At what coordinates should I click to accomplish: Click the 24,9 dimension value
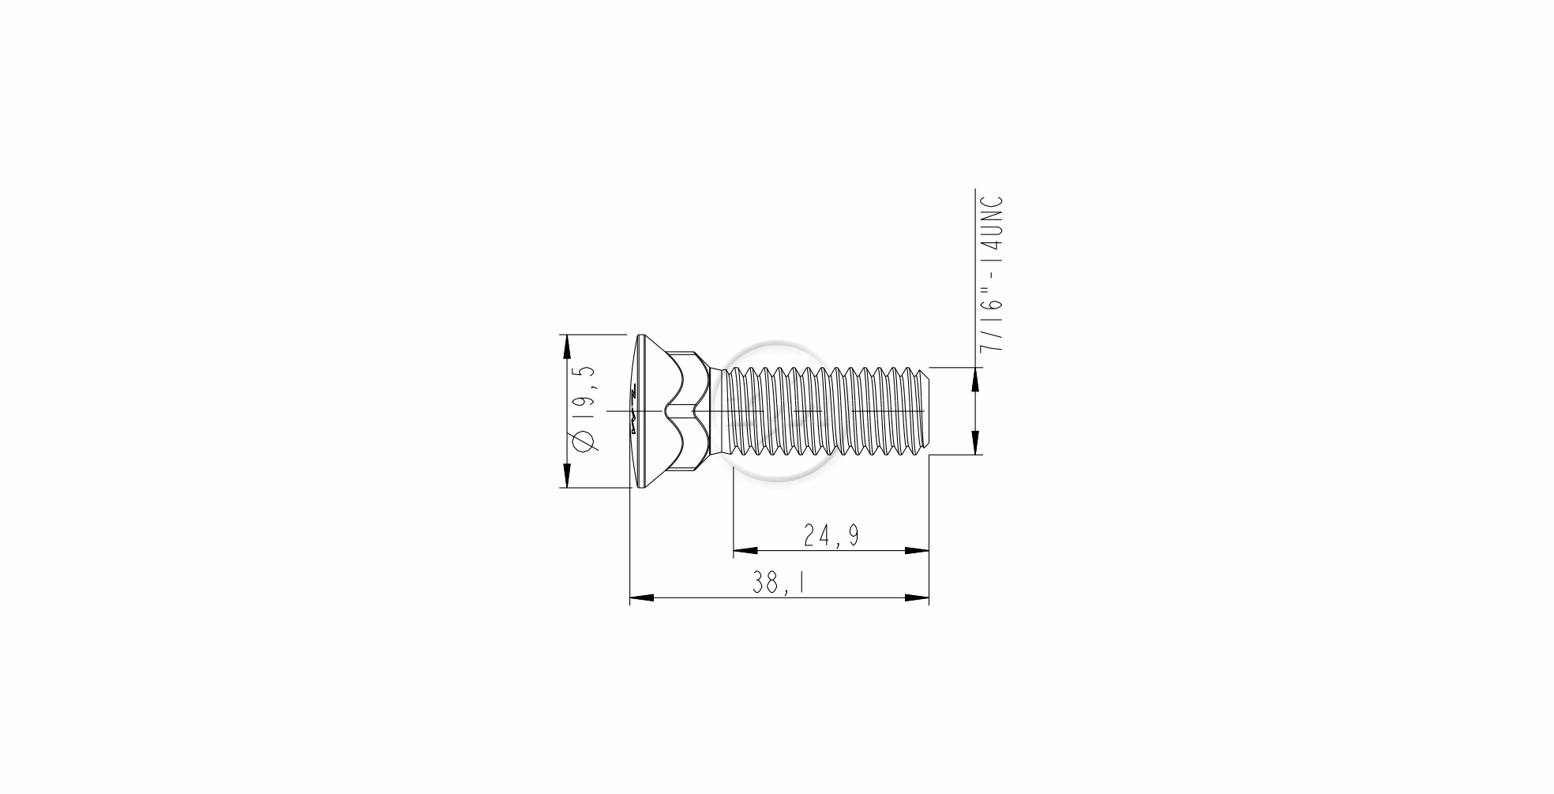click(831, 536)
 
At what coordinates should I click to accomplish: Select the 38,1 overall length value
click(779, 582)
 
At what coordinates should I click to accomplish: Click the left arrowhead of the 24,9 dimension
click(745, 550)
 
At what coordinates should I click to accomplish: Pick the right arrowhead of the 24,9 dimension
click(917, 550)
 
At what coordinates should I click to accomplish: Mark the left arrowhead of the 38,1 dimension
click(642, 597)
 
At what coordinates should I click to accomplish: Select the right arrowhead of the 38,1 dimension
click(917, 597)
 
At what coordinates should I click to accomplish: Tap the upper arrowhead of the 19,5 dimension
click(565, 346)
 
